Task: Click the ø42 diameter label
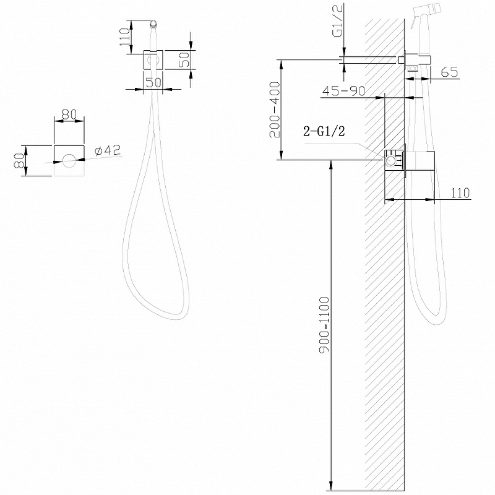pos(108,150)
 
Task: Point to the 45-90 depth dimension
pos(343,92)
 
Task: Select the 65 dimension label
pos(450,72)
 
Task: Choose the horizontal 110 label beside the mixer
pos(460,193)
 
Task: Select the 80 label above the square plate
pos(68,114)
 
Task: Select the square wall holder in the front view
pos(154,59)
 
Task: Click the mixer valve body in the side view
pos(396,160)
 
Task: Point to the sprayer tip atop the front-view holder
pos(154,25)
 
